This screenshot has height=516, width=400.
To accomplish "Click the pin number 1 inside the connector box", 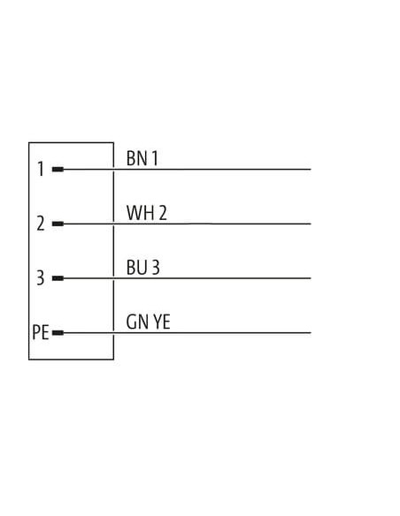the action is [x=41, y=169].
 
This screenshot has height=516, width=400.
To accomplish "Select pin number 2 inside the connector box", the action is [x=41, y=224].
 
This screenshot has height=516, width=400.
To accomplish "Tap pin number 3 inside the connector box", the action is [x=40, y=277].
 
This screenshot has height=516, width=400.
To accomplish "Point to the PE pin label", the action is [x=41, y=332].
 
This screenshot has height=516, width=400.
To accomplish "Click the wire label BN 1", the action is [x=142, y=158].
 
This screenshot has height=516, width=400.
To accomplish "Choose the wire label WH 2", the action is [x=147, y=213].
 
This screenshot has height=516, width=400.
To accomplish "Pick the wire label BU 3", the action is [x=143, y=267].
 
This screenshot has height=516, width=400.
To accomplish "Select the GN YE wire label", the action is [x=149, y=322].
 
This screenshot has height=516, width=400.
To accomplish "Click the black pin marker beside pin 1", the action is [x=58, y=170].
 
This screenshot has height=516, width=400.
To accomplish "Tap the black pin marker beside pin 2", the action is [x=58, y=224].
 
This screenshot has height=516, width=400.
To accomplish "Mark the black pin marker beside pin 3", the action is [x=58, y=278].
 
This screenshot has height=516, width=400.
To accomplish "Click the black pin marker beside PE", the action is [x=58, y=333].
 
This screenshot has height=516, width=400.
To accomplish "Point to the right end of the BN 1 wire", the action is [x=311, y=170].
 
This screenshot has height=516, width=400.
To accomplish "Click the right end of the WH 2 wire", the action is [x=311, y=224].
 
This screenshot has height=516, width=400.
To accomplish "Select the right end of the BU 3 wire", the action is [x=311, y=278].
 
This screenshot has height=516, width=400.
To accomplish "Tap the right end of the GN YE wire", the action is [x=311, y=333].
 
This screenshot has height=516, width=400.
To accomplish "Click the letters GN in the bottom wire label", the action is [x=137, y=322].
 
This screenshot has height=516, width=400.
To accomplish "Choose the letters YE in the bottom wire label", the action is [x=162, y=322].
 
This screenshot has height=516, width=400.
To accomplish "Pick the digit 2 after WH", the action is [x=163, y=213].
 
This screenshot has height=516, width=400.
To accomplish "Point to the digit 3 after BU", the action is [x=156, y=267].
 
